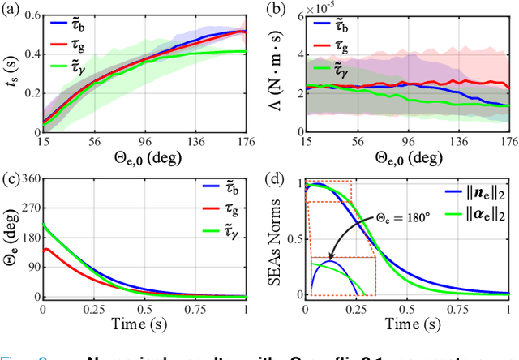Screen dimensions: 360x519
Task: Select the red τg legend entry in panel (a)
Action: pos(88,41)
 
